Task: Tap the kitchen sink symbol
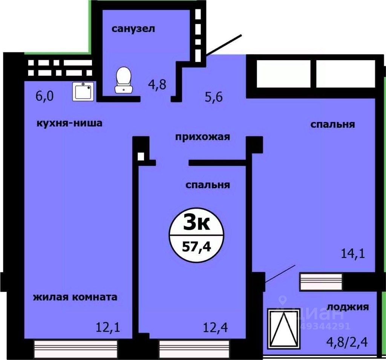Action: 83,91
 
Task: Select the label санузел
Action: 133,29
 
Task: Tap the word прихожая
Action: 202,137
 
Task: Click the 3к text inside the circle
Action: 196,224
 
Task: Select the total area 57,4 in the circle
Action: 196,247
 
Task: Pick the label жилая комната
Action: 75,297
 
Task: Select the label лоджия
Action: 348,307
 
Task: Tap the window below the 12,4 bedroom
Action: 193,346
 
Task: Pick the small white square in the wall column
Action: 141,156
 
